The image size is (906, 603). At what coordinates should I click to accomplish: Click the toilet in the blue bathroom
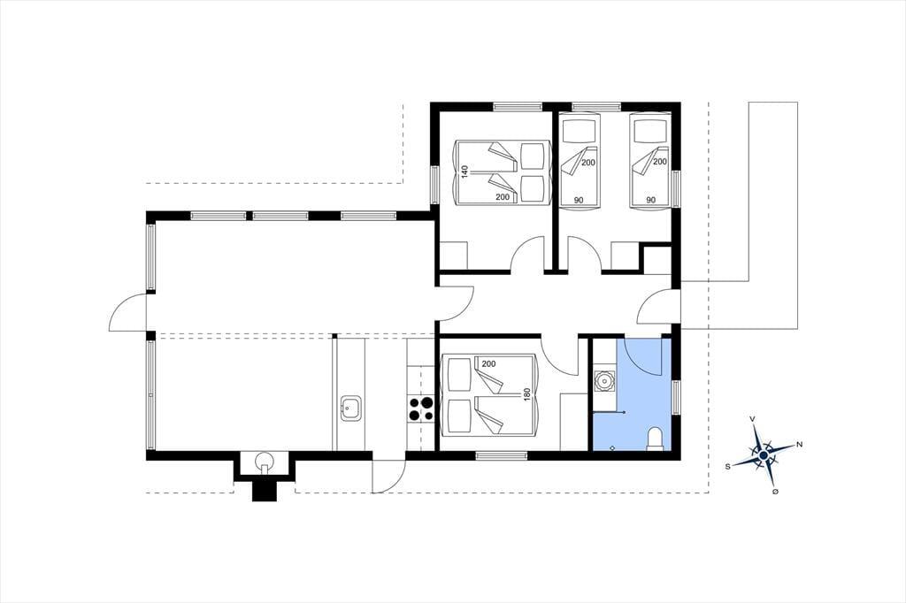[x=656, y=439]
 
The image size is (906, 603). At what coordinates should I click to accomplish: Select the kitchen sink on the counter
[x=350, y=409]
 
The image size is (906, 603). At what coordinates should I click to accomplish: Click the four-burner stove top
[x=420, y=409]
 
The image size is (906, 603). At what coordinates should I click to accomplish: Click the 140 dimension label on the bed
[x=464, y=172]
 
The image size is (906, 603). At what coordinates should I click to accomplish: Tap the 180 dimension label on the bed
[x=526, y=394]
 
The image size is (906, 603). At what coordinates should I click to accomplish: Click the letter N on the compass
[x=800, y=444]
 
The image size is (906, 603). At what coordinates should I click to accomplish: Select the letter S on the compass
[x=729, y=465]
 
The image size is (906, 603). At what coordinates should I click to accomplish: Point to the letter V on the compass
[x=752, y=418]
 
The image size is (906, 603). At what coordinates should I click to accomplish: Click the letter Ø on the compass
[x=775, y=491]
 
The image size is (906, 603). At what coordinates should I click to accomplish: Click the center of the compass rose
[x=764, y=455]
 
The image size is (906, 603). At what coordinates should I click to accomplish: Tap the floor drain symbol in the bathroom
[x=612, y=447]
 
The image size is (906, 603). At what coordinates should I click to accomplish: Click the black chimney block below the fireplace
[x=265, y=491]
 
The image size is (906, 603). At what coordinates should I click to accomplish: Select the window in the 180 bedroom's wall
[x=502, y=455]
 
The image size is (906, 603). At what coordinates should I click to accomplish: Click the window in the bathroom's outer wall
[x=676, y=397]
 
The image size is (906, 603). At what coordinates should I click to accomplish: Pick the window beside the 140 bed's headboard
[x=435, y=185]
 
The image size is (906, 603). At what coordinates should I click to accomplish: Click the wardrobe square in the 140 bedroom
[x=454, y=256]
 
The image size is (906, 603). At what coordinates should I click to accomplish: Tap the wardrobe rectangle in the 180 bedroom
[x=573, y=422]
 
